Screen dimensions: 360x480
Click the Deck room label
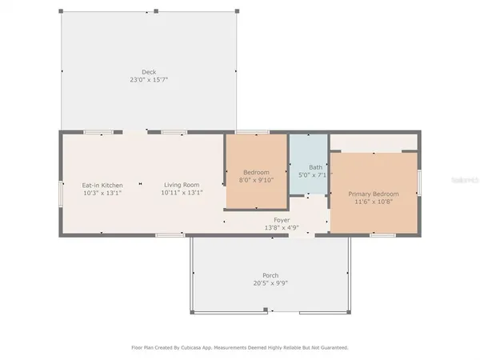click(x=149, y=72)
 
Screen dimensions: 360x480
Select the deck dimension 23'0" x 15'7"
click(x=149, y=80)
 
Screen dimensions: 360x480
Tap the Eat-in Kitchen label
click(x=102, y=185)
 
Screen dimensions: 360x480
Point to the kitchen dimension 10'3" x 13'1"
click(x=102, y=193)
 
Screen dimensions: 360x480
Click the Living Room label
click(x=182, y=185)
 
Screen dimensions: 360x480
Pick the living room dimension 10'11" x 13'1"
click(x=182, y=193)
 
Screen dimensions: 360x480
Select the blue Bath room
click(x=309, y=160)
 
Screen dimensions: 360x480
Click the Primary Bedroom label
click(x=373, y=194)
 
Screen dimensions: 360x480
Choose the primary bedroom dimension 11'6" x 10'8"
click(x=373, y=202)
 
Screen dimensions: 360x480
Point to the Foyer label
click(x=282, y=219)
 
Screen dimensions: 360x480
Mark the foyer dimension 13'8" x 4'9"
click(x=282, y=227)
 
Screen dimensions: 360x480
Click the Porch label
click(x=270, y=275)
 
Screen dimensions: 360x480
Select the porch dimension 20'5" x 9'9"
click(x=270, y=283)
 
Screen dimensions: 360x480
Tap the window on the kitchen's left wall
click(x=60, y=193)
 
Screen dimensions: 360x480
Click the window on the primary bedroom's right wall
click(x=419, y=182)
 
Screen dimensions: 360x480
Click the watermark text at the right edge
click(x=465, y=182)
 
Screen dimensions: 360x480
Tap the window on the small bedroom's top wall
click(x=252, y=131)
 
